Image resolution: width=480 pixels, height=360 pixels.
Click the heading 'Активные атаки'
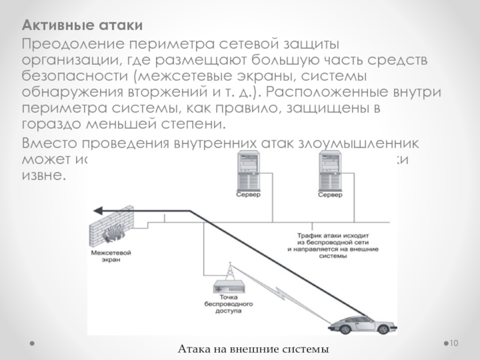click(x=82, y=27)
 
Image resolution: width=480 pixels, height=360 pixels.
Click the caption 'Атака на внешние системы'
click(x=254, y=349)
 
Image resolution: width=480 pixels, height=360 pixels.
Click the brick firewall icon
click(x=112, y=227)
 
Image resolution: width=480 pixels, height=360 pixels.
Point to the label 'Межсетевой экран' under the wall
click(x=110, y=257)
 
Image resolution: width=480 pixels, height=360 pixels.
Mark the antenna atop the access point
click(x=229, y=271)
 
